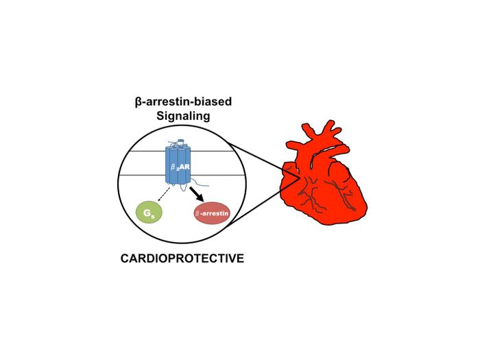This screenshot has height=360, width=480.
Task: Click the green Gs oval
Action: tap(149, 212)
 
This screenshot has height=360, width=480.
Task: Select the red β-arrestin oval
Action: tap(212, 213)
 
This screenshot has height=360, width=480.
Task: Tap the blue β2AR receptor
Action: tap(178, 165)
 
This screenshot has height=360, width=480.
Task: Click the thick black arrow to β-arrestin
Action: tap(197, 194)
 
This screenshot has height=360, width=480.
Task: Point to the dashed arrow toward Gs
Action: tap(164, 194)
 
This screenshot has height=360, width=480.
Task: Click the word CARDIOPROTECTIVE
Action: tap(182, 259)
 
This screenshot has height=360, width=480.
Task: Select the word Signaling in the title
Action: tap(183, 116)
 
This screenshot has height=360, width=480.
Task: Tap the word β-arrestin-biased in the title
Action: tap(183, 101)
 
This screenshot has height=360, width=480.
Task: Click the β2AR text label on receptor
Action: tap(180, 167)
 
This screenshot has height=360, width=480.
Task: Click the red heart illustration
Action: tap(324, 173)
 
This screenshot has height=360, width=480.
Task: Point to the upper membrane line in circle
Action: tap(181, 152)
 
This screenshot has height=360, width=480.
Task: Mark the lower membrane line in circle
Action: tap(182, 175)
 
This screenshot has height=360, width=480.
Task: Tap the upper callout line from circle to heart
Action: tap(263, 160)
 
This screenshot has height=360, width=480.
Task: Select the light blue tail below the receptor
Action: tap(200, 184)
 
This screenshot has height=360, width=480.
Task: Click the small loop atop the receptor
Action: tap(180, 141)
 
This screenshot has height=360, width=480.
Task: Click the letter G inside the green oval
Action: tap(147, 212)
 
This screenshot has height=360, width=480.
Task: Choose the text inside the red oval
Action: tap(212, 213)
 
